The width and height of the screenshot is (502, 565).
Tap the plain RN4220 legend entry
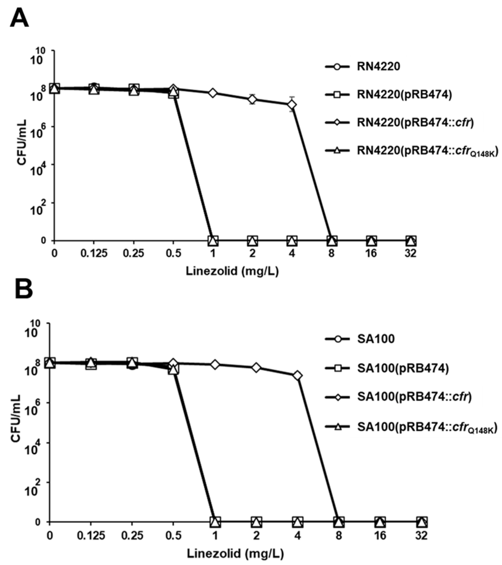378,67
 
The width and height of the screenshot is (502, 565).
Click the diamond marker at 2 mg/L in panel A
252,99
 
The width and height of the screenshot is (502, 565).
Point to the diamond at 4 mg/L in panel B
297,376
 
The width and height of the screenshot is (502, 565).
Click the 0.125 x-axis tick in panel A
94,253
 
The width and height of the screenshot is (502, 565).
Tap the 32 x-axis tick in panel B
421,535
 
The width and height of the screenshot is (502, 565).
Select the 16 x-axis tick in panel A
371,253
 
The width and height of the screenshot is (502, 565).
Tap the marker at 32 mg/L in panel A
411,241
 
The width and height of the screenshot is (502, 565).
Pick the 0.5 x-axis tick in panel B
173,535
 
